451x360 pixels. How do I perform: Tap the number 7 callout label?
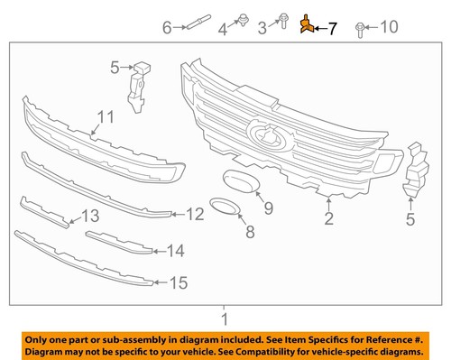click(x=331, y=29)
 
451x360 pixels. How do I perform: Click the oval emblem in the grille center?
click(x=267, y=136)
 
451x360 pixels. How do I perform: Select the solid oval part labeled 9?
click(x=240, y=177)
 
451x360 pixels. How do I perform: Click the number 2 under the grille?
click(x=329, y=217)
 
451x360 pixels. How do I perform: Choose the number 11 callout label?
click(x=106, y=116)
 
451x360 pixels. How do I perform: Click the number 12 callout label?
click(x=196, y=215)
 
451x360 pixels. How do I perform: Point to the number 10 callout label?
click(x=388, y=27)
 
